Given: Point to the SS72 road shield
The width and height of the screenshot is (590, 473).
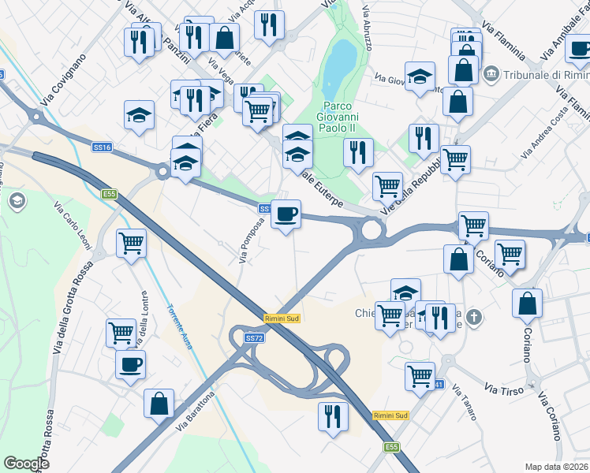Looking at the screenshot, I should coord(253,337).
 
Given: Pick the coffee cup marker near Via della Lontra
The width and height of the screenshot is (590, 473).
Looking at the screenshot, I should coord(130,364).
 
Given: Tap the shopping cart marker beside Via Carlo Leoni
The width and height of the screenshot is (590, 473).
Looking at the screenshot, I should coord(131,243).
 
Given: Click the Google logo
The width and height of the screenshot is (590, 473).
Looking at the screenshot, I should coord(26,464).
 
